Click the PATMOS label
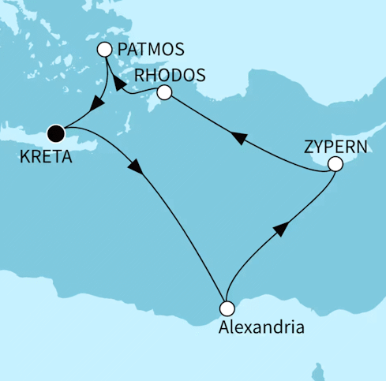coord(150,50)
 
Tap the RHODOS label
coord(171,75)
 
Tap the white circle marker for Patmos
coord(104,50)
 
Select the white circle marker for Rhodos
coord(164,93)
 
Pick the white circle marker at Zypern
coord(335,165)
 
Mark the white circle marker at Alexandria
coord(227,308)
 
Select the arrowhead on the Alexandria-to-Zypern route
coord(279,230)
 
